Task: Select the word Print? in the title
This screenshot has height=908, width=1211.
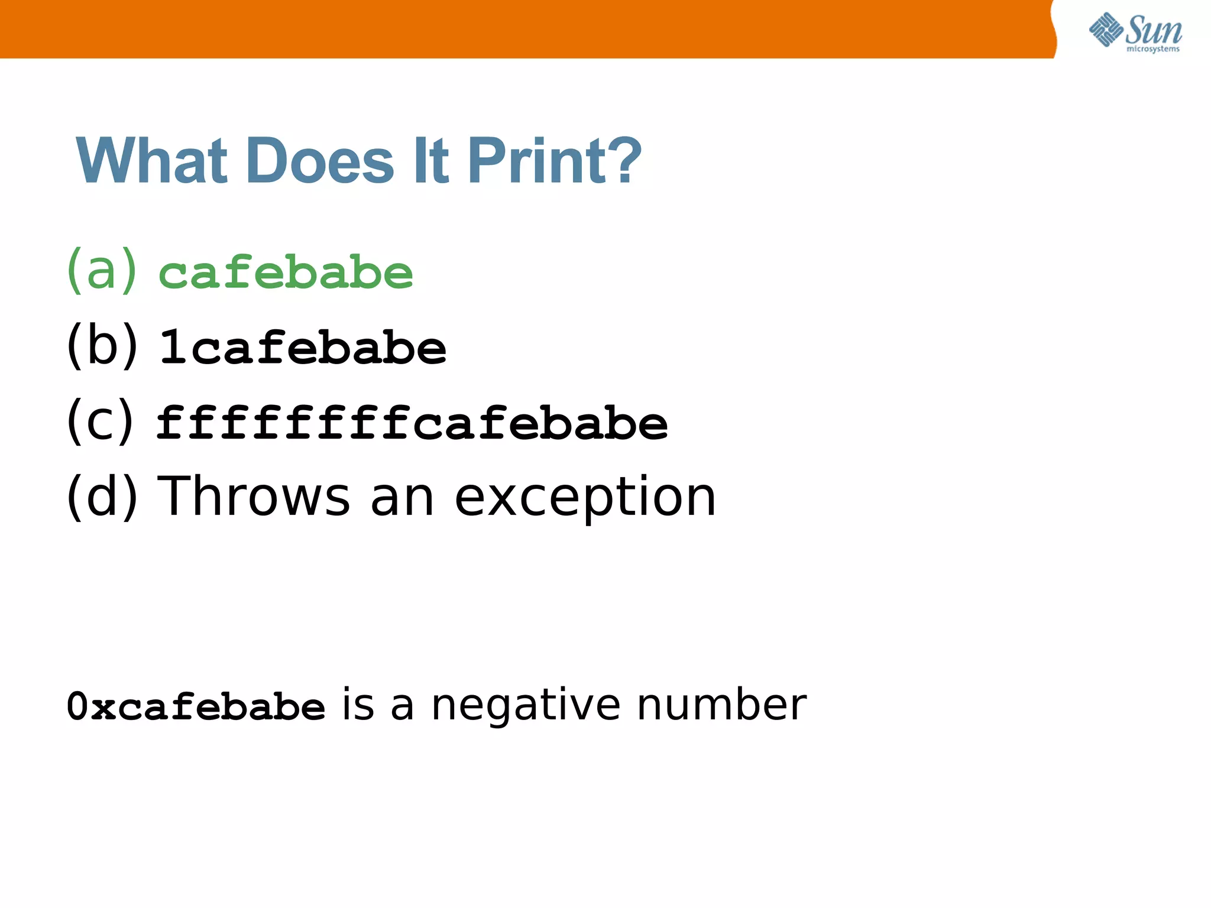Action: coord(554,161)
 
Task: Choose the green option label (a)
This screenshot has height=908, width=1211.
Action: coord(102,270)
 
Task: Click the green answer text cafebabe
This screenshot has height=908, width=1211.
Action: coord(286,273)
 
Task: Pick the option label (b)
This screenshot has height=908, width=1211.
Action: coord(102,346)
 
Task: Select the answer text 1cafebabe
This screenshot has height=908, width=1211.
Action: coord(303,348)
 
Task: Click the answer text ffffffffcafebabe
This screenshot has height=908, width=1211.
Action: coord(412,423)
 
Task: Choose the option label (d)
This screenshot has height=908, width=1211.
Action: coord(102,497)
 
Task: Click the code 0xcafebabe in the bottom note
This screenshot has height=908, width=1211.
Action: coord(196,706)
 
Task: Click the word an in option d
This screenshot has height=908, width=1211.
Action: coord(402,500)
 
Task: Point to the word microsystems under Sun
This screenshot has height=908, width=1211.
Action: coord(1152,49)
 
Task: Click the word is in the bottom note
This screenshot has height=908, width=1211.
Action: coord(358,705)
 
